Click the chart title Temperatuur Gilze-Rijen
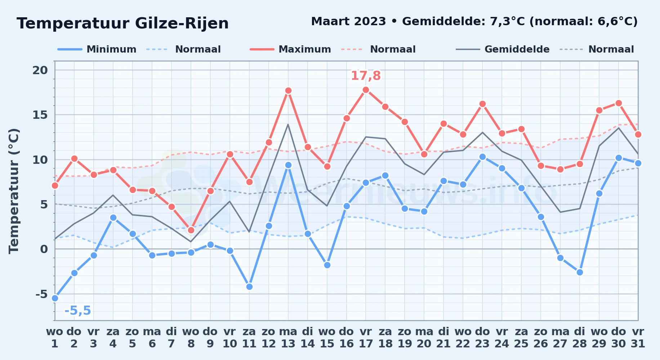pyautogui.click(x=122, y=23)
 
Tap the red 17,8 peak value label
pyautogui.click(x=366, y=76)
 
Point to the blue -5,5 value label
pyautogui.click(x=77, y=310)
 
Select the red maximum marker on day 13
pyautogui.click(x=288, y=90)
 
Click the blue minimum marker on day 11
pyautogui.click(x=249, y=287)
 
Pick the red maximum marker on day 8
pyautogui.click(x=191, y=230)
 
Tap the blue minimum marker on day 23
pyautogui.click(x=482, y=157)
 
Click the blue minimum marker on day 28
pyautogui.click(x=580, y=272)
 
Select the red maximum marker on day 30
pyautogui.click(x=619, y=103)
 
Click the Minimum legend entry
pyautogui.click(x=97, y=49)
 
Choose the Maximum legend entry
pyautogui.click(x=290, y=49)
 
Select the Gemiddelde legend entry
pyautogui.click(x=503, y=49)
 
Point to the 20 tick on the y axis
pyautogui.click(x=40, y=70)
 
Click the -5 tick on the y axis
pyautogui.click(x=41, y=294)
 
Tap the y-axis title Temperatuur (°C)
pyautogui.click(x=14, y=191)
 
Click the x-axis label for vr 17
pyautogui.click(x=366, y=337)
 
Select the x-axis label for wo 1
pyautogui.click(x=55, y=337)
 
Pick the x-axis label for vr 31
pyautogui.click(x=638, y=337)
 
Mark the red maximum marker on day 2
pyautogui.click(x=74, y=158)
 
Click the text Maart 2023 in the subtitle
pyautogui.click(x=348, y=21)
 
